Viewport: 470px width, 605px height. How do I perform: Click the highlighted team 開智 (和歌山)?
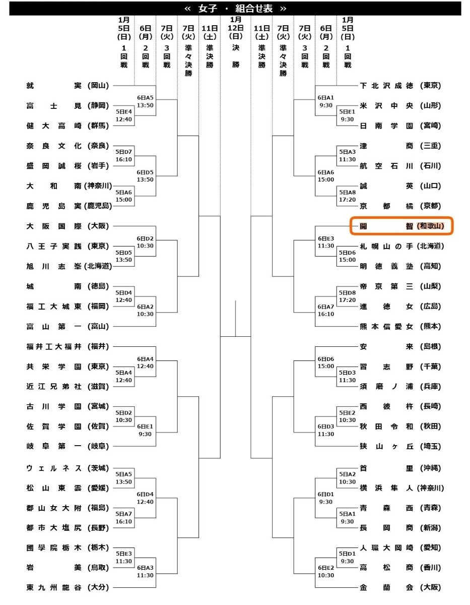click(401, 226)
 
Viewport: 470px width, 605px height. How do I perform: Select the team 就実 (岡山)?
click(68, 86)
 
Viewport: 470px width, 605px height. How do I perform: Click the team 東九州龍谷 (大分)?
click(68, 587)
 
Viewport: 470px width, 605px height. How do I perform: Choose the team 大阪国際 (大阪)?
click(68, 226)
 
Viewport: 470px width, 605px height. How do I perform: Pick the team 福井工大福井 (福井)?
click(68, 346)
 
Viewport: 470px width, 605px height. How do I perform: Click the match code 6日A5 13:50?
click(145, 101)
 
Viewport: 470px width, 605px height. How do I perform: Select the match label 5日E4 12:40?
click(124, 115)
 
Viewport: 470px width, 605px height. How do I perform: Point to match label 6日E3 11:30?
click(326, 242)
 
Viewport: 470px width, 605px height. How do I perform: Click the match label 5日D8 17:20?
click(347, 296)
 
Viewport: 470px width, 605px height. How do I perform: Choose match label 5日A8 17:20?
click(347, 196)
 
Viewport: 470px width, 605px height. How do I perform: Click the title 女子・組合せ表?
click(235, 8)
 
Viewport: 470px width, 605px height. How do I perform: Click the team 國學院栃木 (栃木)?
click(68, 548)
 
